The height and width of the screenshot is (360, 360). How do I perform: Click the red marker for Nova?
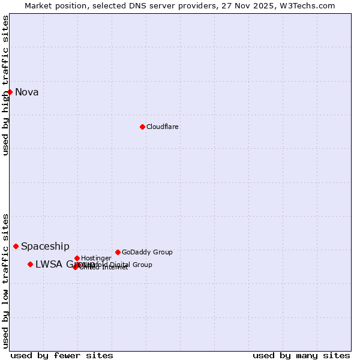[10, 92]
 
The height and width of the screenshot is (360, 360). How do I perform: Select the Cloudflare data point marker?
[142, 127]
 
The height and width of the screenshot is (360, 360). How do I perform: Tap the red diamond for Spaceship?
[16, 246]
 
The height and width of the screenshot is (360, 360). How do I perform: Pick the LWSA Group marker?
[30, 264]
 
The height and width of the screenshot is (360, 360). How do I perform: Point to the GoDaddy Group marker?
[118, 252]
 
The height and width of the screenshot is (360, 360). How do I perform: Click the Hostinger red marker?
[77, 258]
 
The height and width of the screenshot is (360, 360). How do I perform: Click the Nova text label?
[27, 92]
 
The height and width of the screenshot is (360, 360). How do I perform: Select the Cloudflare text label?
[163, 127]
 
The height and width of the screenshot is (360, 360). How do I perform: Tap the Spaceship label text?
[45, 246]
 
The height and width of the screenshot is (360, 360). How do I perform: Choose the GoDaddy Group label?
[147, 252]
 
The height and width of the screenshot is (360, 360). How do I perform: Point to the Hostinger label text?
[96, 258]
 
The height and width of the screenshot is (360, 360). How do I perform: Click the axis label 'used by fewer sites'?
[62, 355]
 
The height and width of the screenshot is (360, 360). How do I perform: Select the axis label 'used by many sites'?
[301, 355]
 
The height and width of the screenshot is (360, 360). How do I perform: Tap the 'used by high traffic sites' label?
[5, 85]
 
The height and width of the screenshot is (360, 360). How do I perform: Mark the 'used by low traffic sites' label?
[5, 281]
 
